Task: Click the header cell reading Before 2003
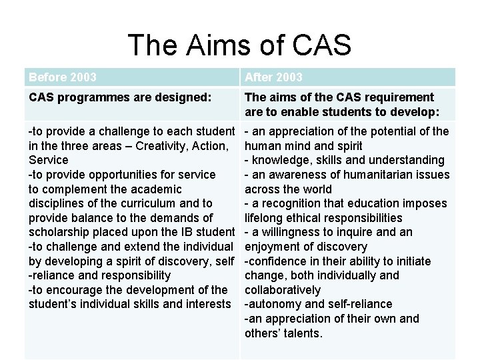(62, 77)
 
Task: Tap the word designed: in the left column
(188, 97)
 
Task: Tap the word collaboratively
(283, 290)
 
